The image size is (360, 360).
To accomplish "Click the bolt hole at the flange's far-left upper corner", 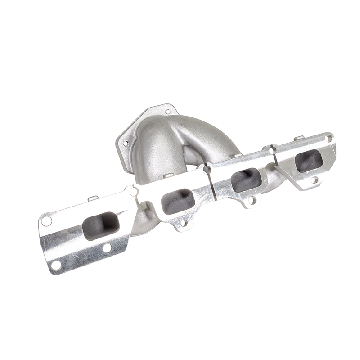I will tap(46, 221).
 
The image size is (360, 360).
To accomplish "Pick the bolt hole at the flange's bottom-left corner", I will tap(56, 265).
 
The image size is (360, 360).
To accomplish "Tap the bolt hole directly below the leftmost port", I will tap(107, 248).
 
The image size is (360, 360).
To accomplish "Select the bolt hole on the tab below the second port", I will tap(183, 222).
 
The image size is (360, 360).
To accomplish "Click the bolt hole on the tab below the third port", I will tap(252, 200).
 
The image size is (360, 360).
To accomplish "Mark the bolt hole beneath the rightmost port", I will tap(315, 180).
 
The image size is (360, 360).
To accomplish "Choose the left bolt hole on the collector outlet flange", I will tap(126, 143).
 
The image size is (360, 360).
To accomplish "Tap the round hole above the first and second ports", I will tap(133, 192).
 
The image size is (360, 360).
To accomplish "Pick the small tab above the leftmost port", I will tap(92, 198).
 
